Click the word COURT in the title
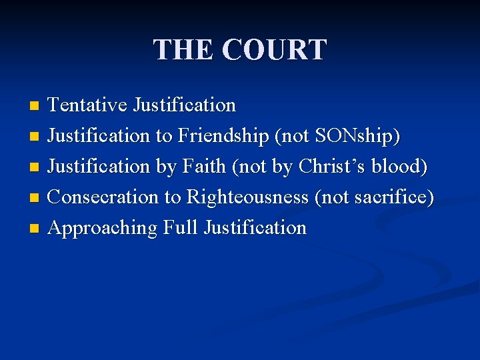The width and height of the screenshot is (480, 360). coord(274,50)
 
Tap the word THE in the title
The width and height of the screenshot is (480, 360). coord(183,50)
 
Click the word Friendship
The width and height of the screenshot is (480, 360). coord(222,136)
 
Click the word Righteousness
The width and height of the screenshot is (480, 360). coord(247,197)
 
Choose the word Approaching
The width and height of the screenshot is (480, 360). coord(103,228)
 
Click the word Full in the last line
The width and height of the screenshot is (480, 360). coord(181,228)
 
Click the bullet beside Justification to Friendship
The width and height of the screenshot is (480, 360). coord(36,137)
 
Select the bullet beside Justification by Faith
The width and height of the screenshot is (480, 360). coord(36,167)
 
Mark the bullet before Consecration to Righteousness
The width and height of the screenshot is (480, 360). coord(36,198)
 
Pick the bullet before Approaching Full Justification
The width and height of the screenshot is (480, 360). coord(36,229)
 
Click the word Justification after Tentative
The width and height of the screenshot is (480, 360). coord(184,105)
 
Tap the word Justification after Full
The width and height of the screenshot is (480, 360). coord(255,228)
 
